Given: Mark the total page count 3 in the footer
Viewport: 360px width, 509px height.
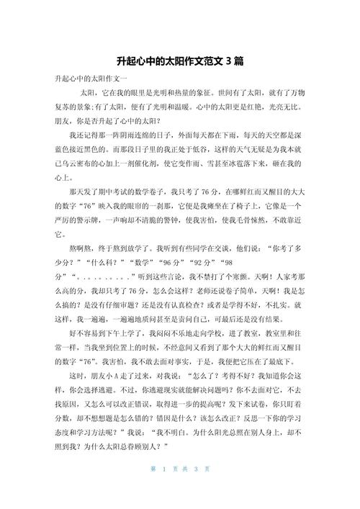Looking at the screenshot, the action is pyautogui.click(x=196, y=489).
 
